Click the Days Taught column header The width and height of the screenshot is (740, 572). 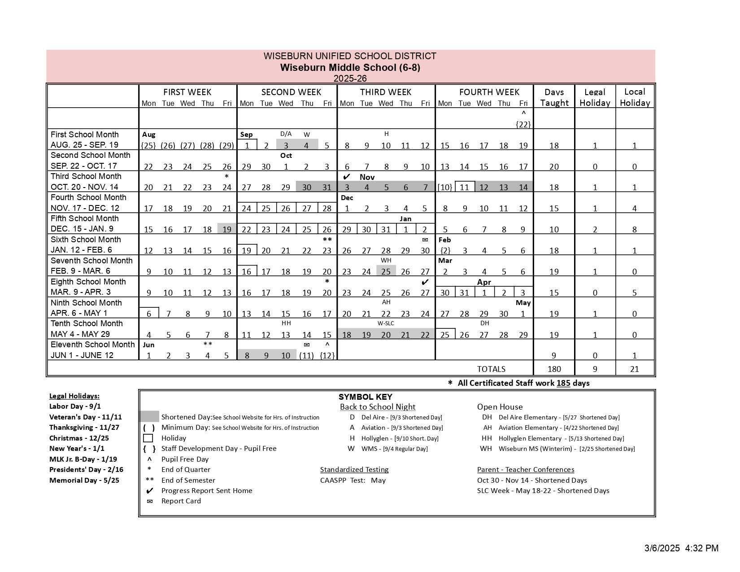tap(554, 97)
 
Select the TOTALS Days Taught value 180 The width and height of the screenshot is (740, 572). tap(554, 369)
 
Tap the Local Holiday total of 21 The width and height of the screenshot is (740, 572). tap(634, 369)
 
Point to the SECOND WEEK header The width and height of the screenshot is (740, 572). tap(291, 92)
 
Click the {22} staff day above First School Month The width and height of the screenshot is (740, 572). tap(523, 124)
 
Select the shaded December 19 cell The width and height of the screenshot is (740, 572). tap(227, 229)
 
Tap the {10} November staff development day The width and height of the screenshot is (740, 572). tap(444, 187)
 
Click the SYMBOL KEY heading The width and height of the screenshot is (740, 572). tap(365, 397)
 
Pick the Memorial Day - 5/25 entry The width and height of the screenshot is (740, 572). tap(84, 480)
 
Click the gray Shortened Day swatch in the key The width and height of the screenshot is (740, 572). tap(149, 417)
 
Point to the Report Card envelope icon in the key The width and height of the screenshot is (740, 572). tap(150, 501)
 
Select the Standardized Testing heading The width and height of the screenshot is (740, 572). tap(354, 469)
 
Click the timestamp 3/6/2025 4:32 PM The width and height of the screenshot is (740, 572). tap(681, 548)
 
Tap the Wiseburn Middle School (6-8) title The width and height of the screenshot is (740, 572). tap(350, 68)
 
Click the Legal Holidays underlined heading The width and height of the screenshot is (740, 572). tap(74, 396)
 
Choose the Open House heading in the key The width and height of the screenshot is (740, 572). tap(500, 407)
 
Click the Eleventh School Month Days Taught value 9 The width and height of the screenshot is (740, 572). tap(554, 355)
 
